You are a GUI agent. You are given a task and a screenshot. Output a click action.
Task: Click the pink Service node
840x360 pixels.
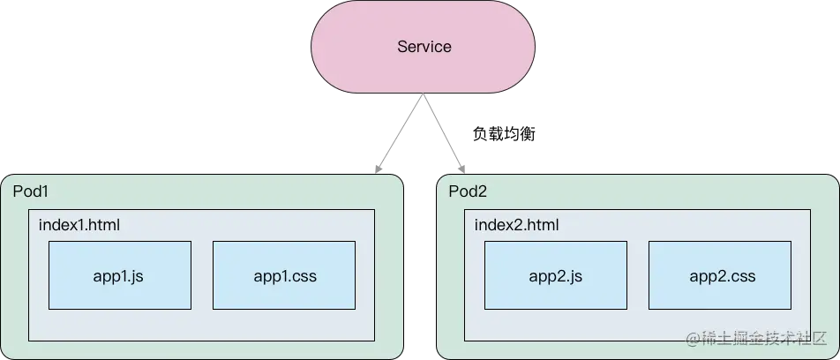(x=423, y=47)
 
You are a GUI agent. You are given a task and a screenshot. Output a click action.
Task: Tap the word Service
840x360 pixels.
(x=423, y=47)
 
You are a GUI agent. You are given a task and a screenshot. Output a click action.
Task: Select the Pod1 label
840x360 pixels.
(x=31, y=191)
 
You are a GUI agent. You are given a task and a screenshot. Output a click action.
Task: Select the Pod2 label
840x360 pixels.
(x=468, y=191)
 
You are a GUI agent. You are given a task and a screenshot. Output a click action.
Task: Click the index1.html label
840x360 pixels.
(x=79, y=225)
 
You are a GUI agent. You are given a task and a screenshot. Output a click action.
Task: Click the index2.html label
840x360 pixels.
(x=516, y=225)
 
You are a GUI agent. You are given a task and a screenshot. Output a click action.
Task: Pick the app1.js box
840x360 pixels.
(x=120, y=275)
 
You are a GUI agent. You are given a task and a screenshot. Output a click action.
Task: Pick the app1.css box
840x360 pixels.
(x=284, y=275)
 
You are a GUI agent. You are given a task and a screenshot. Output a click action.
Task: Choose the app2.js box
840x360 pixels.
(x=556, y=275)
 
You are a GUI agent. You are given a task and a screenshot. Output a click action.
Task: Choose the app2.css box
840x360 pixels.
(x=720, y=275)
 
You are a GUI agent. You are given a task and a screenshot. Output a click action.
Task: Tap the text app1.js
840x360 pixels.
(x=118, y=276)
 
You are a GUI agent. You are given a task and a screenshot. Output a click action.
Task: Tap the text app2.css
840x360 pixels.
(x=721, y=276)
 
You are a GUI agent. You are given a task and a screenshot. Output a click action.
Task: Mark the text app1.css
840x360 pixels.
(x=284, y=276)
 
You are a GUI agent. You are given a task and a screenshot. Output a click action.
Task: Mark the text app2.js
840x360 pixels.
(x=555, y=276)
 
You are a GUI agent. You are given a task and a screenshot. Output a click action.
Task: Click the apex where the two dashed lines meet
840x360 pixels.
(x=422, y=100)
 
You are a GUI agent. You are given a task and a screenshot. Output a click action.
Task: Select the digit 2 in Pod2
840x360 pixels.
(x=482, y=191)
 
